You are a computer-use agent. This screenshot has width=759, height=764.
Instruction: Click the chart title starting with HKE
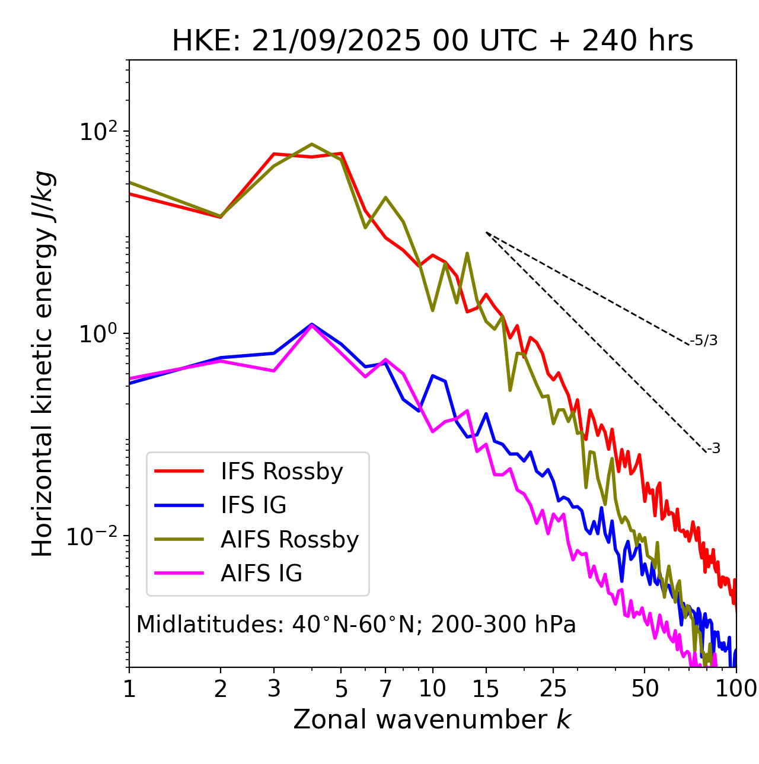click(432, 41)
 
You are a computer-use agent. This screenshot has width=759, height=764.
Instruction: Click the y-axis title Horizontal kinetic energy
click(43, 364)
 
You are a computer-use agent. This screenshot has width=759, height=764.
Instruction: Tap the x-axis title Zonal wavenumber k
click(432, 719)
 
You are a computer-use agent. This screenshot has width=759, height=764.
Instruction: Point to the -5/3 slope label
click(704, 340)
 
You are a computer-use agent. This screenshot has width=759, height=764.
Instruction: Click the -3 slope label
click(713, 449)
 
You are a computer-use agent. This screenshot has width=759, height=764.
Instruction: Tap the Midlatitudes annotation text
click(356, 625)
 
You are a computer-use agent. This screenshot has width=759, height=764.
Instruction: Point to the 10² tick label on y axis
click(98, 131)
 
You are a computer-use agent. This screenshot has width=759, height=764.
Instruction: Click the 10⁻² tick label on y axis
click(95, 536)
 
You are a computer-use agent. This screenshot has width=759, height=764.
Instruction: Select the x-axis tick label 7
click(385, 689)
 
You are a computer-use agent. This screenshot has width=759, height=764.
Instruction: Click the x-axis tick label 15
click(486, 689)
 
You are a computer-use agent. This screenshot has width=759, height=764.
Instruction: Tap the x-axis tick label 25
click(553, 689)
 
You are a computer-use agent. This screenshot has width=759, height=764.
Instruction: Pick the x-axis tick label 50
click(645, 689)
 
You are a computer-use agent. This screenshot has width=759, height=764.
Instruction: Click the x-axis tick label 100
click(736, 689)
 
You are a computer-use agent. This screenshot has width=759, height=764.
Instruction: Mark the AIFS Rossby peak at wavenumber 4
click(312, 144)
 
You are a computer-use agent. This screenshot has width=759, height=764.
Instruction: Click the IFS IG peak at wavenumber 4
click(312, 324)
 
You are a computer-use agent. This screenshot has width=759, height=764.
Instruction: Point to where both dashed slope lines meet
click(486, 233)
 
